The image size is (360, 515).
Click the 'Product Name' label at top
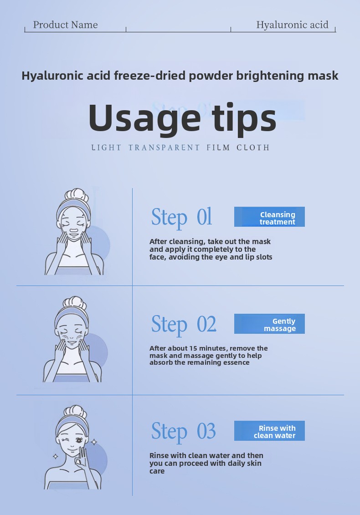pyautogui.click(x=65, y=25)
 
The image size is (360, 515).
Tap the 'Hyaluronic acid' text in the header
pyautogui.click(x=292, y=25)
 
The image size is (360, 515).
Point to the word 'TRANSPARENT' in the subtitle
pyautogui.click(x=164, y=148)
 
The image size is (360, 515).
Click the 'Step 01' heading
pyautogui.click(x=181, y=217)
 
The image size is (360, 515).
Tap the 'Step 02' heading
pyautogui.click(x=184, y=324)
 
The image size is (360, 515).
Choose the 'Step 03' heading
pyautogui.click(x=183, y=431)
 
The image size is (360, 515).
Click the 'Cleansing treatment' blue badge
pyautogui.click(x=269, y=217)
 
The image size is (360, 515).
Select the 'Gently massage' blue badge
pyautogui.click(x=269, y=324)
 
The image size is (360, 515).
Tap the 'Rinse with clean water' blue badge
pyautogui.click(x=269, y=431)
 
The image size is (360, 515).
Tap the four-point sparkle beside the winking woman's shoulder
pyautogui.click(x=56, y=456)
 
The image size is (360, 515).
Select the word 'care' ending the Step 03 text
pyautogui.click(x=157, y=471)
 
